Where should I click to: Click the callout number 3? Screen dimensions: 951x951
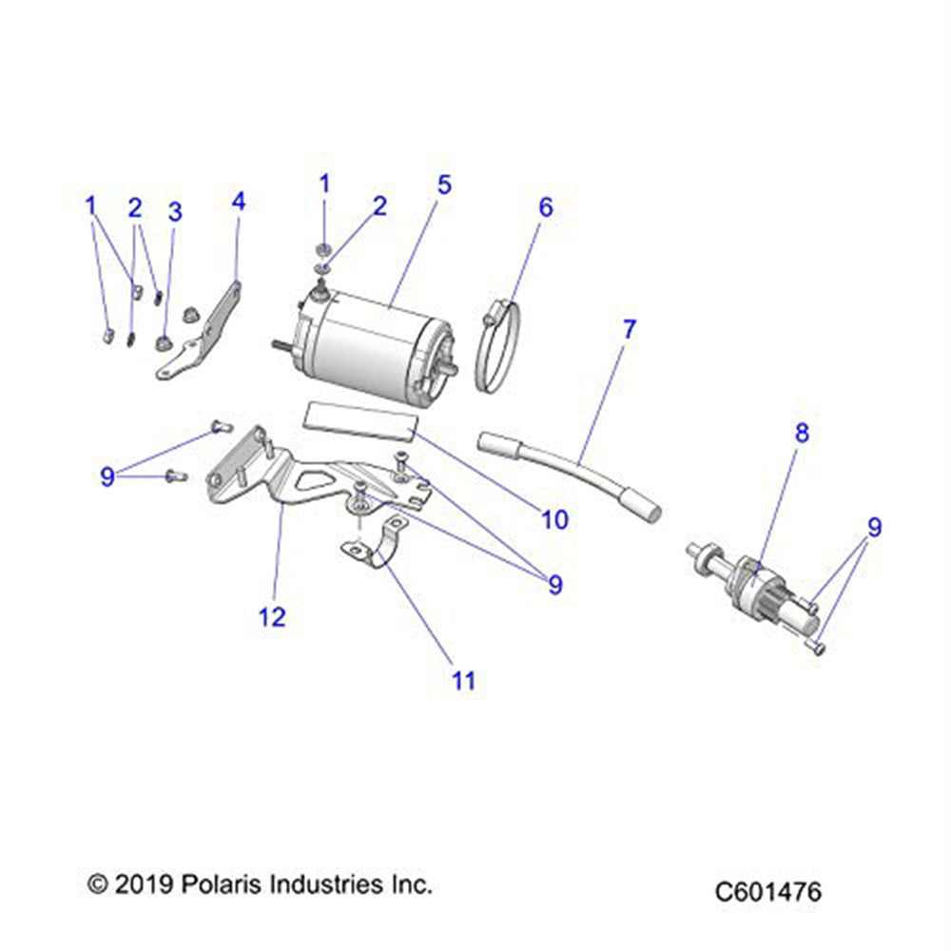pos(174,212)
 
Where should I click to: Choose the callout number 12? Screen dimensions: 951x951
pos(272,616)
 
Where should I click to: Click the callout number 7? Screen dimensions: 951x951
pos(628,330)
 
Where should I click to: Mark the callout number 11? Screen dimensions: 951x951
pos(463,681)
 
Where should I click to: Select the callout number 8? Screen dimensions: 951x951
pos(802,434)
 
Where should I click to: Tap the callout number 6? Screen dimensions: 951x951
pos(545,206)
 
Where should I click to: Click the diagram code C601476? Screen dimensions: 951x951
pos(768,892)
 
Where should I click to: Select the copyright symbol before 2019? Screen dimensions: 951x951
pos(96,884)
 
